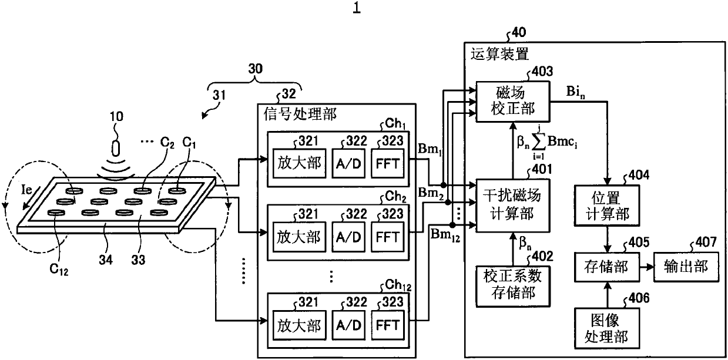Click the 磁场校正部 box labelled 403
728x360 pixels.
tap(513, 102)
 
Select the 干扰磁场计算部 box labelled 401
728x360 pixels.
tap(513, 206)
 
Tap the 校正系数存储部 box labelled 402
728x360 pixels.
tap(513, 286)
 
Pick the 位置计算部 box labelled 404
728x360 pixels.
tap(607, 206)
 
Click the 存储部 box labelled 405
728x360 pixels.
tap(607, 267)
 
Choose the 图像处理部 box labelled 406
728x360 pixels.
tap(607, 328)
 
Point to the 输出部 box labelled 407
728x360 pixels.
tap(686, 267)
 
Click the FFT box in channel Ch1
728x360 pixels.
tap(388, 163)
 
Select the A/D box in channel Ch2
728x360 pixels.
tap(348, 237)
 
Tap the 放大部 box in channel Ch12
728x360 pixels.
tap(299, 325)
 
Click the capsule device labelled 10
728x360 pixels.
tap(116, 148)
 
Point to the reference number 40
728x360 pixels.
tap(519, 32)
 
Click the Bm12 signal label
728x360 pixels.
tap(445, 235)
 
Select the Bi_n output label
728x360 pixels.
tap(576, 92)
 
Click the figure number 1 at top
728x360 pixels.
tap(357, 8)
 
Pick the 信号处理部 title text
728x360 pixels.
tap(300, 114)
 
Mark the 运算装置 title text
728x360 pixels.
tap(499, 54)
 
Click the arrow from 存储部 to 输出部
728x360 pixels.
tap(647, 267)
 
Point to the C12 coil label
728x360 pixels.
tap(59, 269)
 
